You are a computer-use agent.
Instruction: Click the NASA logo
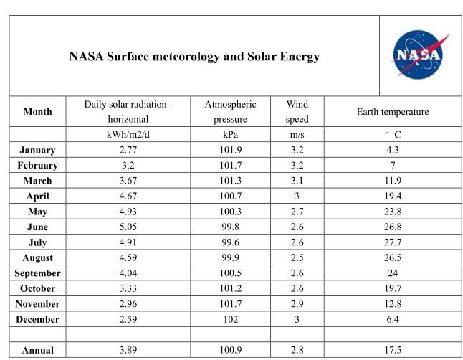(419, 55)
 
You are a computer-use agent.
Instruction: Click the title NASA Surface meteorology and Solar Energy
(194, 56)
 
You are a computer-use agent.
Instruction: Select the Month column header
(37, 112)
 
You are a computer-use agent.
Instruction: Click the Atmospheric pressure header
(230, 111)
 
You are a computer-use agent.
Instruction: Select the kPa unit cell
(230, 135)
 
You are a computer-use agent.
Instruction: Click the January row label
(37, 151)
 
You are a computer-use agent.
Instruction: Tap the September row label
(37, 273)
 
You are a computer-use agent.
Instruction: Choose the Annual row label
(37, 350)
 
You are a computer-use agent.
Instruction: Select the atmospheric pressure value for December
(230, 319)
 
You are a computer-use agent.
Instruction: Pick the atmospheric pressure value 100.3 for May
(230, 212)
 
